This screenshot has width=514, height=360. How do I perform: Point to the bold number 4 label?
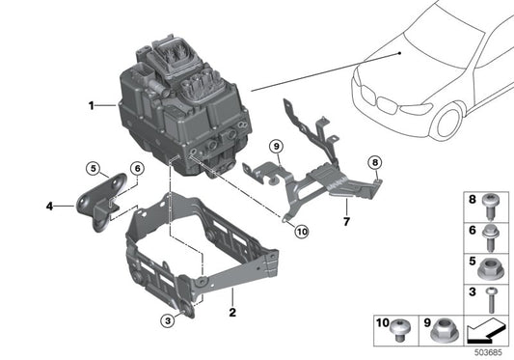coord(49,205)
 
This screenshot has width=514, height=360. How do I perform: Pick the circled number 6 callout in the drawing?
coord(136,168)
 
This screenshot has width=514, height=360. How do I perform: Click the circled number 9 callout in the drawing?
coord(275,146)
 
